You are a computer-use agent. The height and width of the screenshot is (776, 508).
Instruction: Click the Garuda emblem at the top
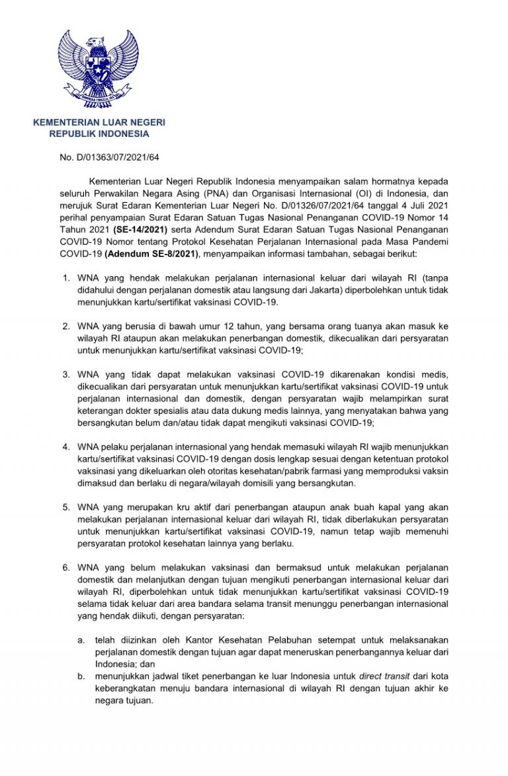click(x=98, y=68)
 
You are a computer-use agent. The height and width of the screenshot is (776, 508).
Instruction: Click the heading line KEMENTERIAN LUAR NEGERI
click(x=99, y=122)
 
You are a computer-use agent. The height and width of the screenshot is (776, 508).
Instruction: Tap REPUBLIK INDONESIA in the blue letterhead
click(x=99, y=134)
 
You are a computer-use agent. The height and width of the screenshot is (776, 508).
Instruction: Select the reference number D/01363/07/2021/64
click(x=118, y=157)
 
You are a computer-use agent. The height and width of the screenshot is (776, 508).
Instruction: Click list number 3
click(x=66, y=374)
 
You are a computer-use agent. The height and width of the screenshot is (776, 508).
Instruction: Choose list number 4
click(x=66, y=447)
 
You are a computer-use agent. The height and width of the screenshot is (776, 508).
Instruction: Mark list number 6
click(x=66, y=567)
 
